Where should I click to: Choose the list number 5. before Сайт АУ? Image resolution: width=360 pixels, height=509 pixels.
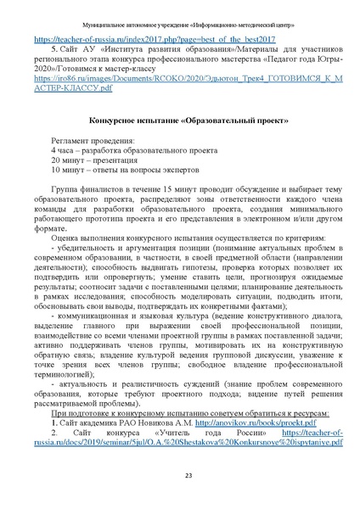(53, 50)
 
